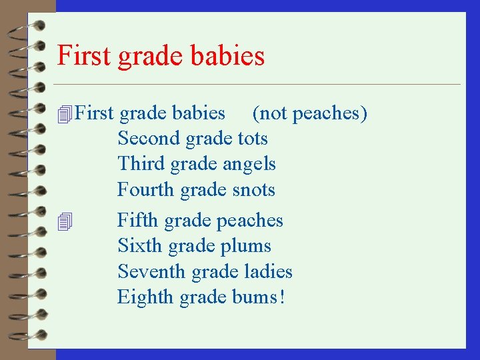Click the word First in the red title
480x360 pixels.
click(x=85, y=55)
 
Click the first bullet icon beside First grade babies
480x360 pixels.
click(x=64, y=115)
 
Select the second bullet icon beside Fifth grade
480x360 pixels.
click(x=64, y=221)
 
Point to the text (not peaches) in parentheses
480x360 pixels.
click(x=310, y=113)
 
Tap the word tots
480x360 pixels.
click(x=253, y=139)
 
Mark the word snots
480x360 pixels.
click(x=253, y=190)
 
